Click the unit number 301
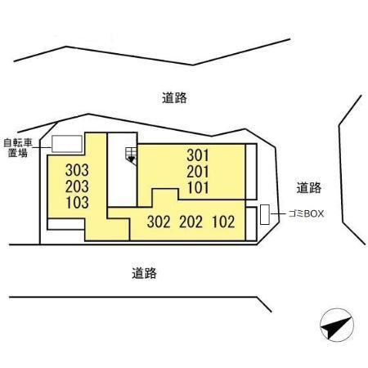click(198, 155)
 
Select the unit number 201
click(198, 172)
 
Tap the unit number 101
click(198, 187)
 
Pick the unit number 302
click(159, 222)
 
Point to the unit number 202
click(191, 222)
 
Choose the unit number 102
click(223, 222)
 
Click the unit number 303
click(77, 170)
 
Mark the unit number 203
click(77, 186)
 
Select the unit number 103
click(77, 203)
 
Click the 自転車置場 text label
click(18, 148)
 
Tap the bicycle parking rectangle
click(67, 144)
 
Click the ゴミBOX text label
click(306, 213)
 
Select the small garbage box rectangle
click(265, 214)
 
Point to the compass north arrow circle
click(337, 325)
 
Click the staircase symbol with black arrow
click(131, 155)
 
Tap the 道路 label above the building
click(174, 98)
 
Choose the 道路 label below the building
click(144, 273)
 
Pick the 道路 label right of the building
click(309, 188)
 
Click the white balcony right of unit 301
click(251, 172)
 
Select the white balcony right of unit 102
click(251, 224)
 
